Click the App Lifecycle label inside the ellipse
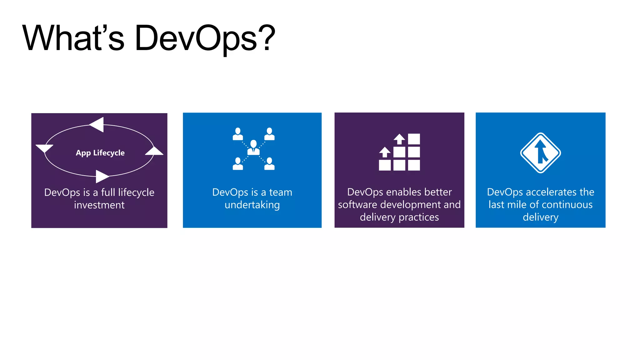tap(100, 153)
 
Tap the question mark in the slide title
tap(266, 38)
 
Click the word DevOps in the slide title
tap(196, 38)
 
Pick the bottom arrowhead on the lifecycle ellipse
tap(102, 176)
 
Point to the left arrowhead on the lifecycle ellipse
tap(44, 148)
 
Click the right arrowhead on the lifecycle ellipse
tap(154, 151)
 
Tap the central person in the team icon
tap(253, 147)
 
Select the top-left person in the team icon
tap(238, 134)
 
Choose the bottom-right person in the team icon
tap(269, 164)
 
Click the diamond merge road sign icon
tap(540, 153)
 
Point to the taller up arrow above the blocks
tap(399, 138)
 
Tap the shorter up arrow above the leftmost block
tap(385, 152)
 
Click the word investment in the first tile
tap(99, 205)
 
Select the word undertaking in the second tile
tap(252, 205)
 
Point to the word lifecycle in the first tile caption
tap(136, 192)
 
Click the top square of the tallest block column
tap(414, 139)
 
